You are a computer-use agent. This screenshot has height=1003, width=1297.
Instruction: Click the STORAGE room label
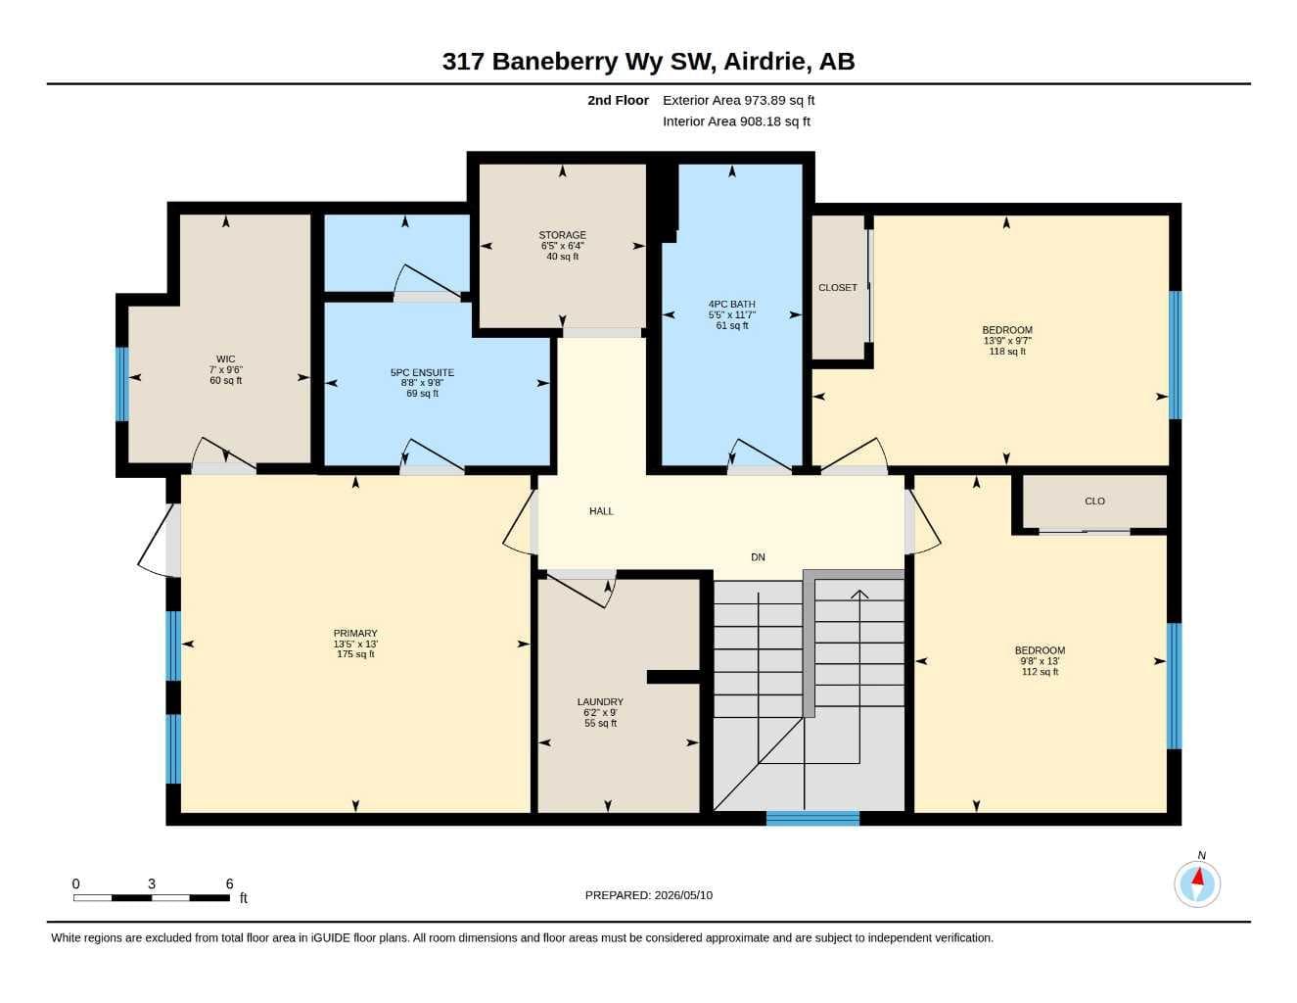[x=562, y=235]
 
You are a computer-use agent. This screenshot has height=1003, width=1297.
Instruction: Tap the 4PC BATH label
[x=732, y=304]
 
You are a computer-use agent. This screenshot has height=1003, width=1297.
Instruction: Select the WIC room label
[x=225, y=358]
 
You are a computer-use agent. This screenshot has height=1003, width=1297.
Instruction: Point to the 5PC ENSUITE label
[x=422, y=372]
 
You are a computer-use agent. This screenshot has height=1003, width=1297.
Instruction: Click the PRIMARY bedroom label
[x=355, y=633]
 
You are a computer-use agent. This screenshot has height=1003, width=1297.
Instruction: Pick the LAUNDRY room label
[x=600, y=701]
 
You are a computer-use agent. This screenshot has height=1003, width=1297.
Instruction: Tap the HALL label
[x=601, y=511]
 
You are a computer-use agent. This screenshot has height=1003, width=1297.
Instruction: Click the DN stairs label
[x=758, y=557]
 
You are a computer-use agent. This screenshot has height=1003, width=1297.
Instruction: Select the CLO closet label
[x=1094, y=501]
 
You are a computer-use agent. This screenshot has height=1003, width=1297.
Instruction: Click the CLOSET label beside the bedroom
[x=837, y=288]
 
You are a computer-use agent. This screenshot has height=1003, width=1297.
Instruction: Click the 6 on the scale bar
[x=229, y=884]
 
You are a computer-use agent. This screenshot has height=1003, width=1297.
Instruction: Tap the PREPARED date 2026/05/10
[x=683, y=895]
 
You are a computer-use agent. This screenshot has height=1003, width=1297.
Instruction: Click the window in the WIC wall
[x=121, y=384]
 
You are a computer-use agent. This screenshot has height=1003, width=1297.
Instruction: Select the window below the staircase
[x=812, y=819]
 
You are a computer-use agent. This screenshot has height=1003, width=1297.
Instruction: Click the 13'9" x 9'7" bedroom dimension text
[x=1007, y=341]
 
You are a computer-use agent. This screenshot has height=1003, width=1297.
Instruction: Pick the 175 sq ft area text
[x=355, y=653]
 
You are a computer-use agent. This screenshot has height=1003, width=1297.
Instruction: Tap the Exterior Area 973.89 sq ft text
[x=738, y=100]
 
